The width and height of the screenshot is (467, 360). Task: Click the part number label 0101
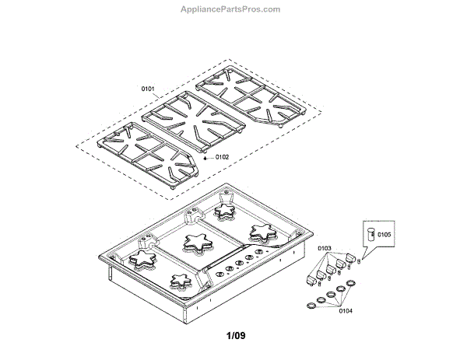148,89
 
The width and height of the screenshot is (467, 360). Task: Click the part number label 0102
222,157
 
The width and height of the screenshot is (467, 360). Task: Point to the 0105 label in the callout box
385,233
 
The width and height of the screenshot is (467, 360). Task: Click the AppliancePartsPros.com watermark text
230,9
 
